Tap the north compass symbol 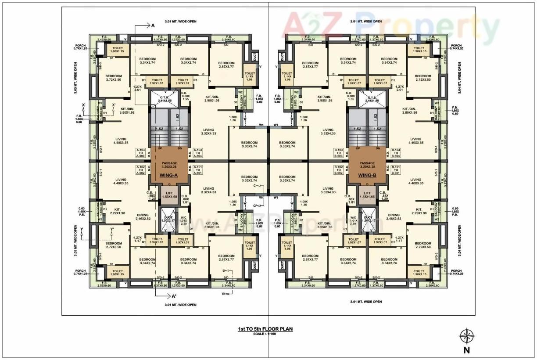click(x=466, y=337)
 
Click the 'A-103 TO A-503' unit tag click(x=140, y=152)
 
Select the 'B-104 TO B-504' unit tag click(x=397, y=152)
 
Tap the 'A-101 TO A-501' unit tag click(x=198, y=170)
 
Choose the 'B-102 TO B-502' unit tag click(x=339, y=170)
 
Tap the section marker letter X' click(x=114, y=105)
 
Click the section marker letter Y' click(x=112, y=230)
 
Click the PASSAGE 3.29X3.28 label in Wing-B click(x=368, y=165)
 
